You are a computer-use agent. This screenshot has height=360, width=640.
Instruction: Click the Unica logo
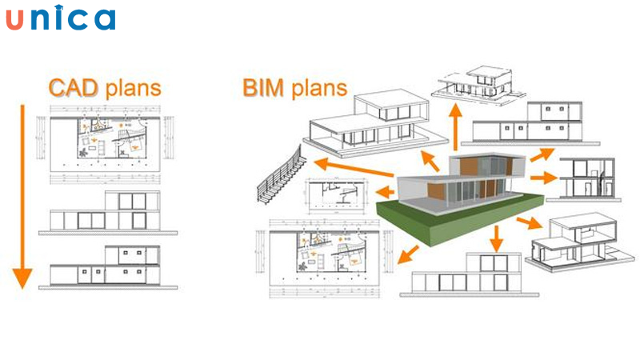pos(60,18)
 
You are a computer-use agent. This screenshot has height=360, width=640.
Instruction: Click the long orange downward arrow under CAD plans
pos(22,200)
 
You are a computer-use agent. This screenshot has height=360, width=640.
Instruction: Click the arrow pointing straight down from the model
pos(496,238)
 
